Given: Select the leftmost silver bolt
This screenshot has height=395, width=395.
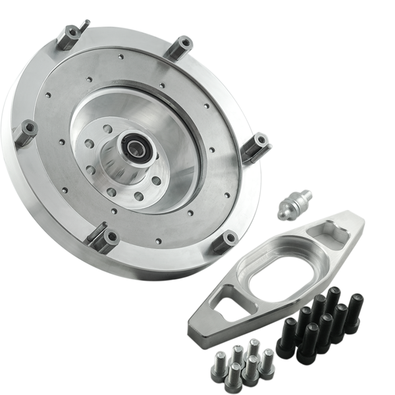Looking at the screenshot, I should coord(219,363).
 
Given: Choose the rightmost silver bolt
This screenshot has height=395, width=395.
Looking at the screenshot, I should coord(267,359).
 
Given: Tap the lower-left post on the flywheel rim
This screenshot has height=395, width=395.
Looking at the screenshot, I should coord(102,234).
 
